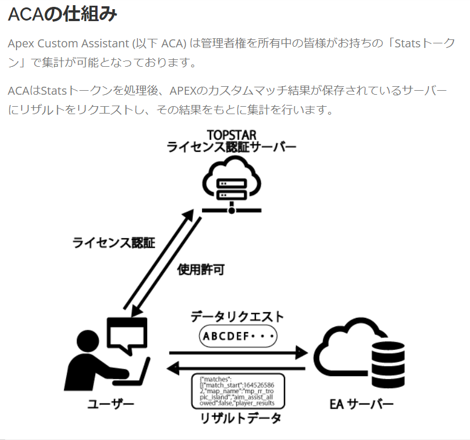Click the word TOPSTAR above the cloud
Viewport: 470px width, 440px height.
tap(232, 135)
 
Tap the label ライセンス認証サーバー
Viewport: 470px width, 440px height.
tap(232, 147)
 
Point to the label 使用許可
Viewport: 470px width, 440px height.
tap(201, 269)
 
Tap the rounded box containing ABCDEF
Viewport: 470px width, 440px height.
tap(238, 336)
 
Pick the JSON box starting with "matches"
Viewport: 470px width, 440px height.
tap(238, 391)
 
